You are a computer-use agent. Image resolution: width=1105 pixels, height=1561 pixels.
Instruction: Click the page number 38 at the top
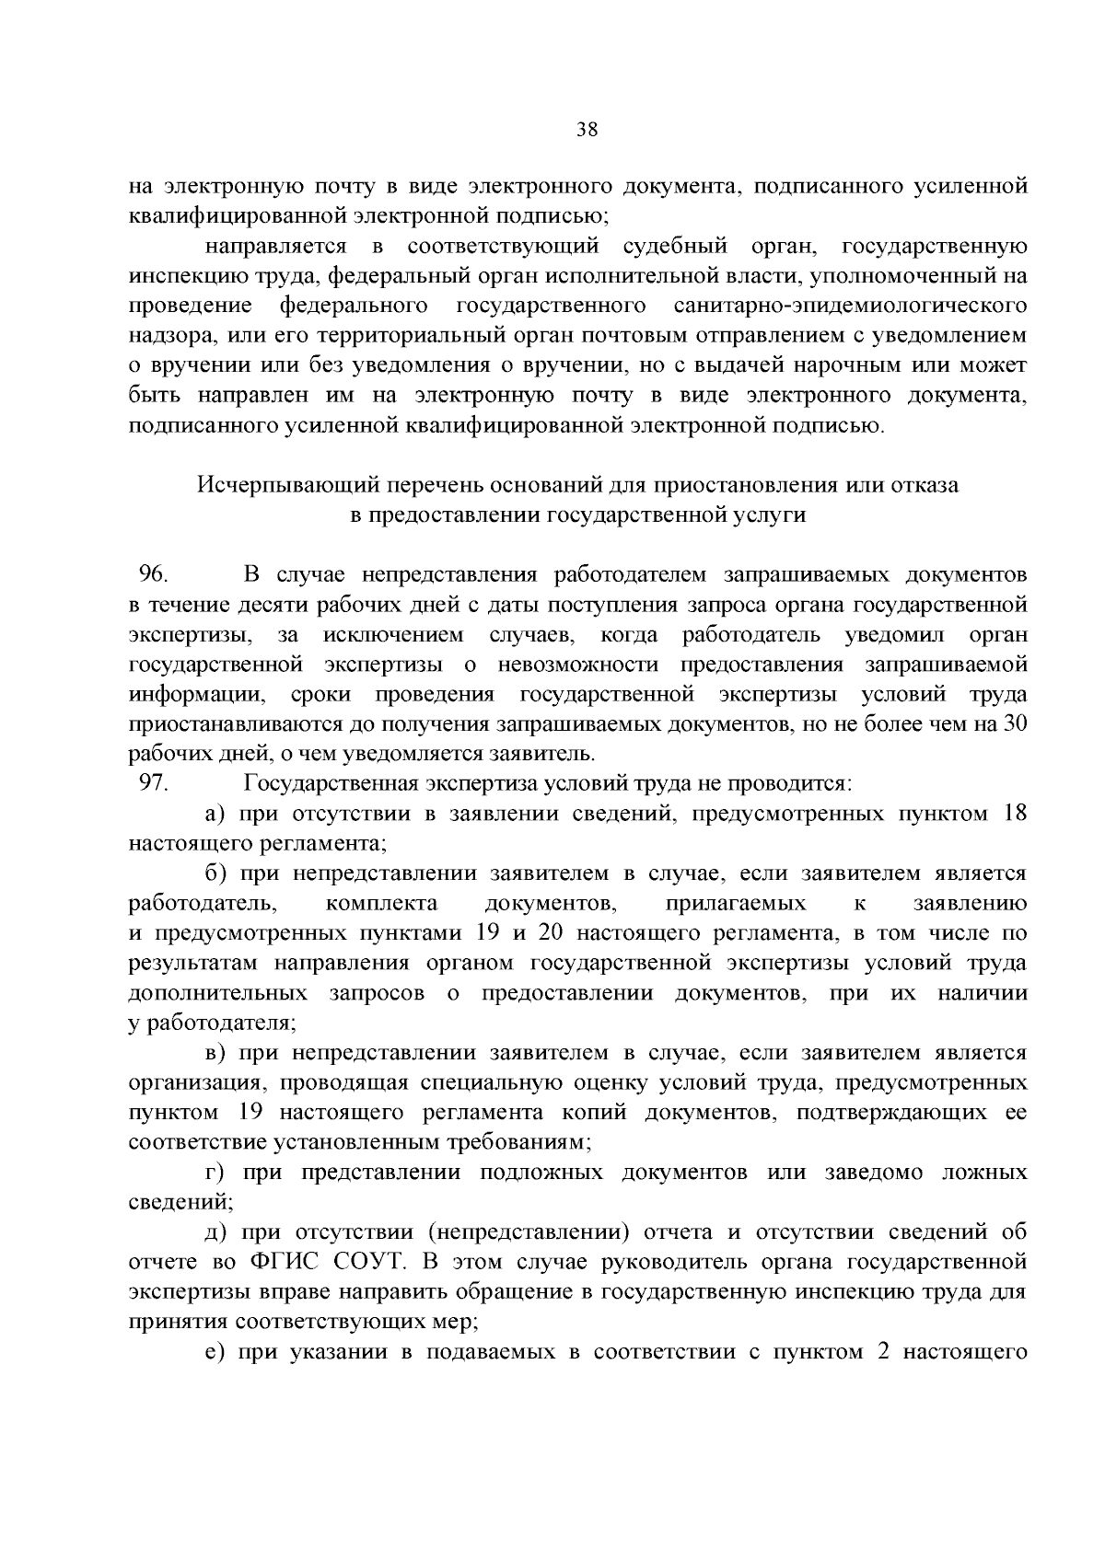(587, 130)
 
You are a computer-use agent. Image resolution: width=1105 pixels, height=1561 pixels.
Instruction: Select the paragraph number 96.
(152, 575)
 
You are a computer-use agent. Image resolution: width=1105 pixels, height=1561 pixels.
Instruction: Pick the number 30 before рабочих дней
(1015, 724)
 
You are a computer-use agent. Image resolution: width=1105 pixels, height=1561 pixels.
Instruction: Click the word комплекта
(381, 904)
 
